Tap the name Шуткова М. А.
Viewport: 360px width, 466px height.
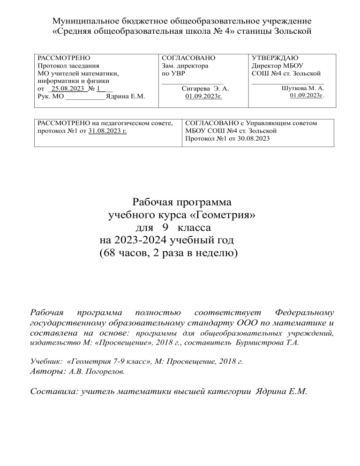tap(303, 88)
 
